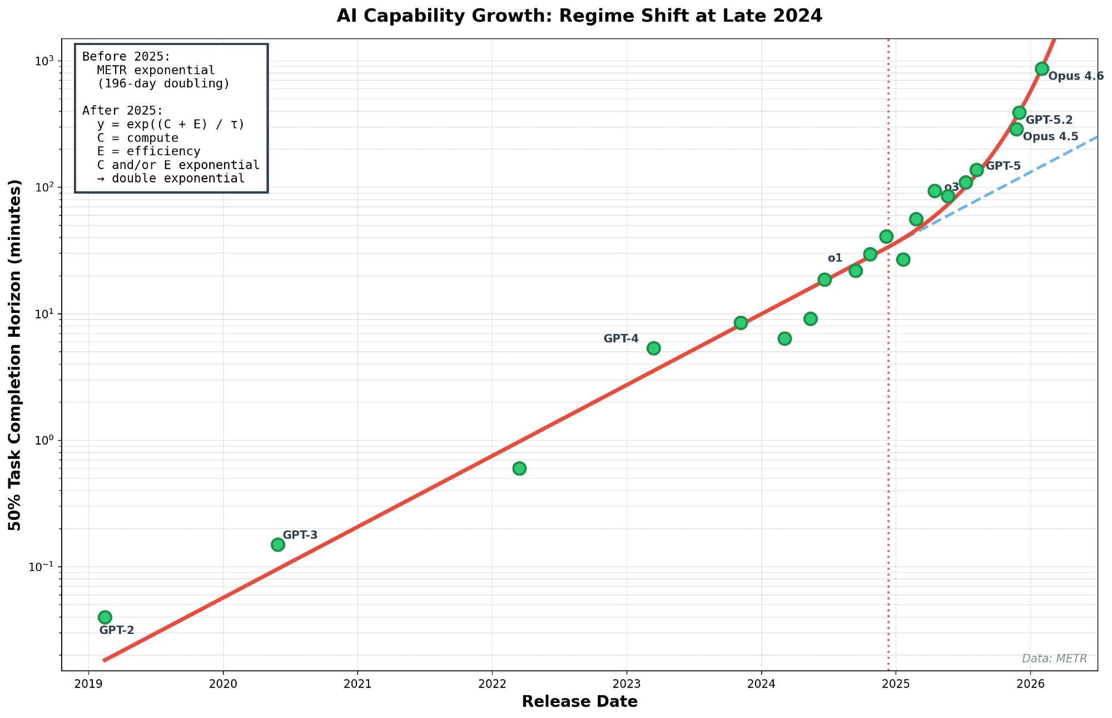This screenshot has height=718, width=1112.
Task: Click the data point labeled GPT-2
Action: coord(105,617)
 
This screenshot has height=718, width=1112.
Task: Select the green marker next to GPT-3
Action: coord(278,544)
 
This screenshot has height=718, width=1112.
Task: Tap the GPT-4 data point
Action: coord(654,348)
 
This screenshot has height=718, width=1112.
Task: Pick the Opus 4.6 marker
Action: coord(1042,68)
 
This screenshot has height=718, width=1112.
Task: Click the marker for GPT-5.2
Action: coord(1019,113)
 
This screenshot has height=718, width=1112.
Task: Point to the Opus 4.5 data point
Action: coord(1016,129)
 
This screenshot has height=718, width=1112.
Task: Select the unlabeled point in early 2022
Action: coord(519,468)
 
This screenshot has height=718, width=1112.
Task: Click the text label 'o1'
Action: coord(835,258)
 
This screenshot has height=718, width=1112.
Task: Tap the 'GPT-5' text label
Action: coord(1004,166)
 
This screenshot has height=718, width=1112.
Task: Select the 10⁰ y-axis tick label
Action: coord(44,440)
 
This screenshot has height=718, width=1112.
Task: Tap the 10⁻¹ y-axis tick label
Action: coord(42,567)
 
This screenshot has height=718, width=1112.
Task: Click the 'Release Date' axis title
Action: coord(579,702)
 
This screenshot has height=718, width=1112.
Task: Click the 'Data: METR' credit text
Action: coord(1054,658)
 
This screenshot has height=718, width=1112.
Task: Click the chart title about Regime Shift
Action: coord(579,16)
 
